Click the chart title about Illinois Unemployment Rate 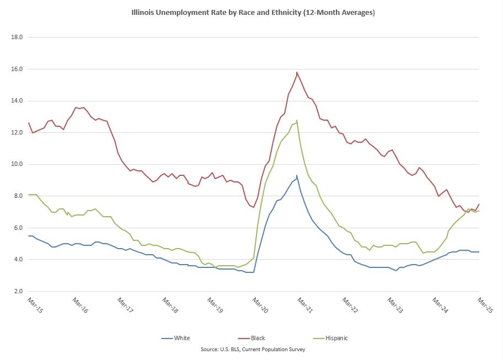(253, 12)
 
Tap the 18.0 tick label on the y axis (17, 37)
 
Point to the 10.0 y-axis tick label (17, 164)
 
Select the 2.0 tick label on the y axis (17, 291)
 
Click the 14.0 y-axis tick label (17, 101)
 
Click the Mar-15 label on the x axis (35, 305)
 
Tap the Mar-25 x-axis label (485, 305)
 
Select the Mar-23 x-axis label (395, 305)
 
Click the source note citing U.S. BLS (253, 349)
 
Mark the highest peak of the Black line (297, 72)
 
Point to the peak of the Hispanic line (297, 120)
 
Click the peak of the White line (297, 176)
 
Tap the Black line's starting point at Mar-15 (29, 123)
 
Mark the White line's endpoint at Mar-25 (478, 252)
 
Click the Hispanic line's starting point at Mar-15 (29, 195)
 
